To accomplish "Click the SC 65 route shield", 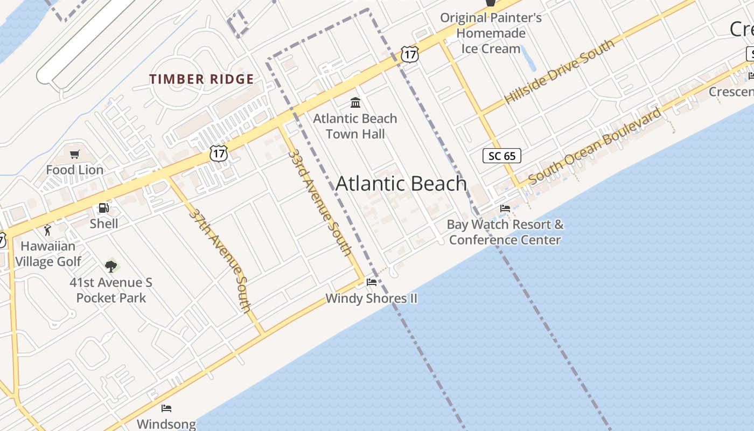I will pos(501,156).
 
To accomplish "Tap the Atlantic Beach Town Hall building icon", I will pos(355,102).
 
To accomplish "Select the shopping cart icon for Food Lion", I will pos(75,155).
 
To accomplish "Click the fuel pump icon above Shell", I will pos(103,208).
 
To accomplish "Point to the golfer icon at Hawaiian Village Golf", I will pos(48,231).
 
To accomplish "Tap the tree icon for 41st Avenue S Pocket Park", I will pos(111,266).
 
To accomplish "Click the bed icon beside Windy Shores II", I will pos(372,282).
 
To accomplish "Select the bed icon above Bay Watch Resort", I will pos(505,208).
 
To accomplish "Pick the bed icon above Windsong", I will pos(166,408).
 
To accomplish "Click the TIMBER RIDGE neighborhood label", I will pos(201,79).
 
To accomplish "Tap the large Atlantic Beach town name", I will pos(401,184).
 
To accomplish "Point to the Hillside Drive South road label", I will pos(559,72).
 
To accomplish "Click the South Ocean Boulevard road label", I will pos(595,145).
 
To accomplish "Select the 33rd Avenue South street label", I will pos(320,202).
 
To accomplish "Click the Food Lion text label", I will pos(75,170).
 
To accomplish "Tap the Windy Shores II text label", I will pos(371,298).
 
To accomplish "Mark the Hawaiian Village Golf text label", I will pos(48,254).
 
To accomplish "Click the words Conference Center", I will pos(505,240).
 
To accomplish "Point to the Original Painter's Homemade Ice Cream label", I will pos(491,33).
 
